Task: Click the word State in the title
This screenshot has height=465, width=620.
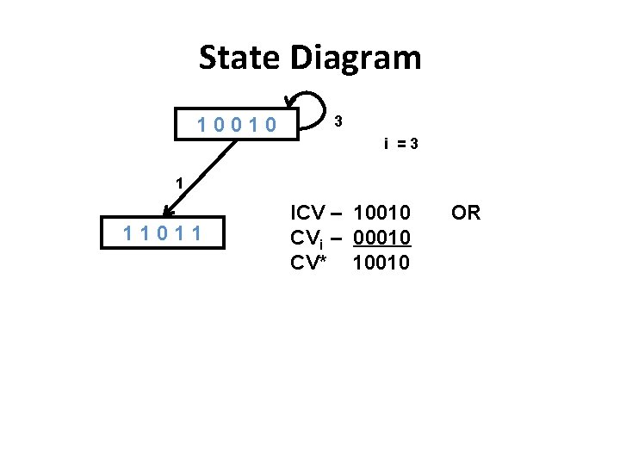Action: (240, 59)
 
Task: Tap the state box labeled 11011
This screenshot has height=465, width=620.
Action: (162, 232)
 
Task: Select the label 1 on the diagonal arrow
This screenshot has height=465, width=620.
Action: (178, 183)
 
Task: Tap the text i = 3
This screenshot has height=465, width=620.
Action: (401, 144)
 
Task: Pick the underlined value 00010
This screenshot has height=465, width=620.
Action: (381, 238)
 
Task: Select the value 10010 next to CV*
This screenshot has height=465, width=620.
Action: (381, 263)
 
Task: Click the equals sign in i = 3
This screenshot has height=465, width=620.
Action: (400, 144)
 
